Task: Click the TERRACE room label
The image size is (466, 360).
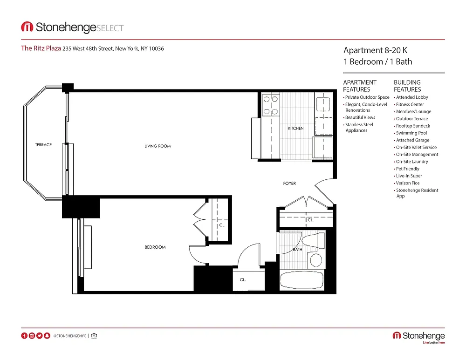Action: pyautogui.click(x=43, y=145)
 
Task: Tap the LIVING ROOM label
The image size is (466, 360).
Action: pyautogui.click(x=158, y=146)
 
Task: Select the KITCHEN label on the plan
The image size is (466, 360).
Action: pyautogui.click(x=296, y=129)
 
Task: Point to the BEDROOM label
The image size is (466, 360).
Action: pyautogui.click(x=155, y=247)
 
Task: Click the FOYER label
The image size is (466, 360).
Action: pyautogui.click(x=289, y=183)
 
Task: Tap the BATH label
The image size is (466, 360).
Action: pyautogui.click(x=297, y=250)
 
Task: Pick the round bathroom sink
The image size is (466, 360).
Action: pyautogui.click(x=316, y=260)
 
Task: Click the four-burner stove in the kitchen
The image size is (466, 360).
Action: pyautogui.click(x=271, y=105)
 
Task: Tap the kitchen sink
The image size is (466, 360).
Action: pyautogui.click(x=323, y=104)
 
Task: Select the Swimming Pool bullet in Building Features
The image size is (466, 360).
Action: pyautogui.click(x=411, y=133)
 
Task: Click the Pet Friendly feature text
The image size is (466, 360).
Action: pyautogui.click(x=407, y=169)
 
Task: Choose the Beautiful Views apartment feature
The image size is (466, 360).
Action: pyautogui.click(x=360, y=118)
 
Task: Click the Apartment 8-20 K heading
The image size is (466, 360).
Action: pyautogui.click(x=375, y=50)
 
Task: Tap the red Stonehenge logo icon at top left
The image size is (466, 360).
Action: pyautogui.click(x=27, y=27)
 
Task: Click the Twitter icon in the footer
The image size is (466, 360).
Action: pyautogui.click(x=40, y=336)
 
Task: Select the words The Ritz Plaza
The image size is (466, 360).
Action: pyautogui.click(x=41, y=48)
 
